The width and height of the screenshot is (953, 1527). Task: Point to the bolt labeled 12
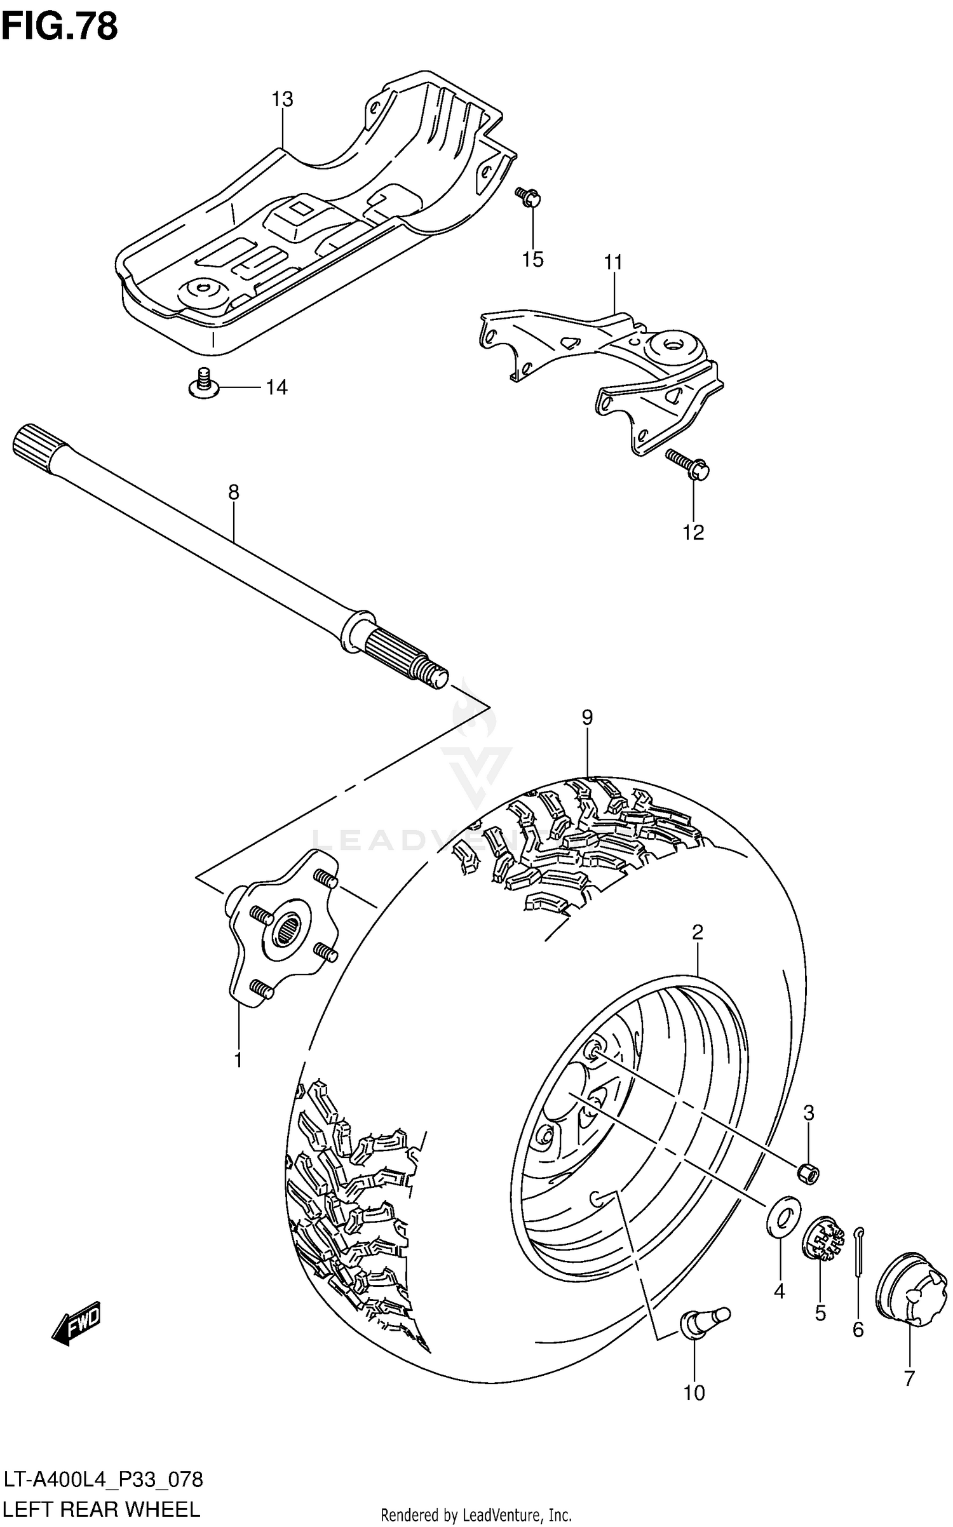(x=689, y=464)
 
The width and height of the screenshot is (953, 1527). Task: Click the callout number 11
(x=613, y=262)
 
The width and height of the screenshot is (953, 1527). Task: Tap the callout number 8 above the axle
(x=233, y=492)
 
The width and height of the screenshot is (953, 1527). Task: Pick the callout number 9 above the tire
(x=587, y=717)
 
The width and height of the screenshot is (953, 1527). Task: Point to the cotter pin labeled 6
(x=857, y=1248)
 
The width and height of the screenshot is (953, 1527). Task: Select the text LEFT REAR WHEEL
(x=102, y=1509)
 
